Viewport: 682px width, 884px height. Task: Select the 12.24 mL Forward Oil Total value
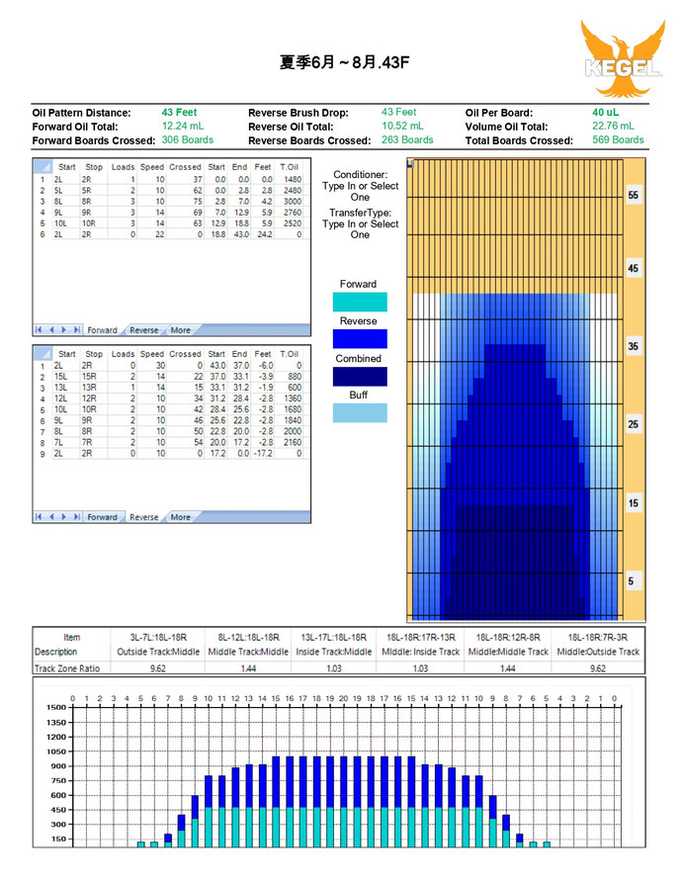(182, 127)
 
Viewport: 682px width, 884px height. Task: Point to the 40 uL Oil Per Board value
(605, 113)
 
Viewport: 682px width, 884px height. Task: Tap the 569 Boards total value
(618, 140)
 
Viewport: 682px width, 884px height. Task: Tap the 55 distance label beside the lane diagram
(634, 196)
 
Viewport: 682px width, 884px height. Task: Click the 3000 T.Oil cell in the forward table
(291, 201)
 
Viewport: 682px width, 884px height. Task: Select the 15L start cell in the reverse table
(65, 377)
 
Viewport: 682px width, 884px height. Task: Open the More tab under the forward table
(180, 330)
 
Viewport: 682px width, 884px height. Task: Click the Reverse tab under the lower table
(144, 517)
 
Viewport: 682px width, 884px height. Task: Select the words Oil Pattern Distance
(81, 113)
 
